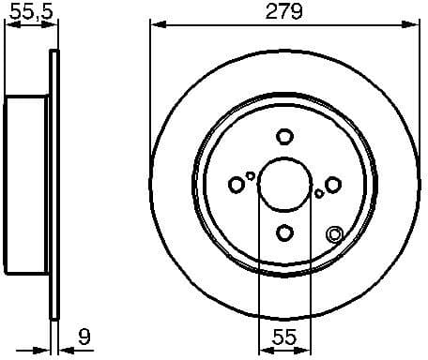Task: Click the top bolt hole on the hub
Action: tap(283, 137)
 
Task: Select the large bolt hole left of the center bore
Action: tap(236, 185)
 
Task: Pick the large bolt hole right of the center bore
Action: tap(332, 185)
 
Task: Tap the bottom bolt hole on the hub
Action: tap(283, 232)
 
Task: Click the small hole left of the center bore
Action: tap(251, 175)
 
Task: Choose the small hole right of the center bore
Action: tap(319, 193)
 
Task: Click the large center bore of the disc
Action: tap(283, 185)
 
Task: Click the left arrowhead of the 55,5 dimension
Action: tap(9, 25)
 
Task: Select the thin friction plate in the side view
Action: tap(53, 185)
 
